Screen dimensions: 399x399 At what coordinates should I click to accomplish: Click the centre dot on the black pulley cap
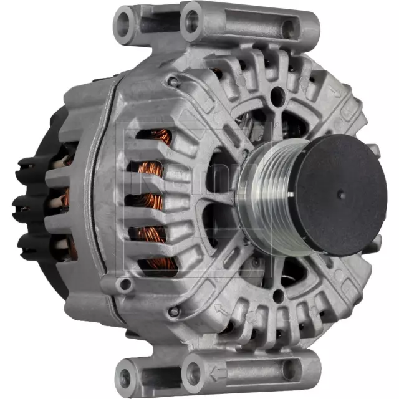339,193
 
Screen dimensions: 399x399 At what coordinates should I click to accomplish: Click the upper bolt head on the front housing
174,81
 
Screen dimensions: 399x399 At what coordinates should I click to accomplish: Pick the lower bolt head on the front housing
175,310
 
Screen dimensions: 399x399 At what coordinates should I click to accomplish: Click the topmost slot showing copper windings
153,138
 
